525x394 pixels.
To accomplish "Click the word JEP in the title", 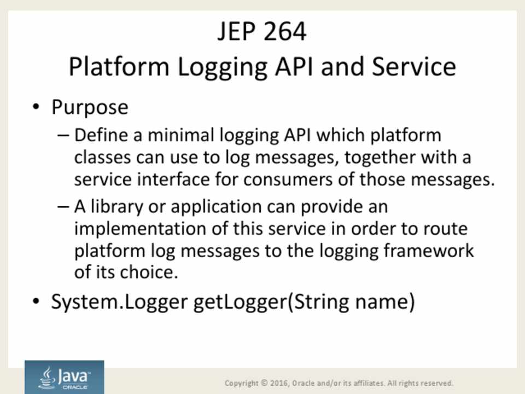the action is point(236,31).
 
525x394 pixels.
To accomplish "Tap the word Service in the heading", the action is point(414,66).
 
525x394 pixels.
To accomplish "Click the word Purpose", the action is point(90,108).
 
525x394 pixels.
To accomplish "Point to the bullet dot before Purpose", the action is point(36,107).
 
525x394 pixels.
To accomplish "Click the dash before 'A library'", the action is point(63,206).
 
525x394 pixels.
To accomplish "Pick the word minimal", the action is point(181,135).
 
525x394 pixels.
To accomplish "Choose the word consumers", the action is point(288,179).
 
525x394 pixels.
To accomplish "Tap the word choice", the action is point(149,272).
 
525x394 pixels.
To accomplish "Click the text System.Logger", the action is point(119,302).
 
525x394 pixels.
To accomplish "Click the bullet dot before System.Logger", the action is point(36,301).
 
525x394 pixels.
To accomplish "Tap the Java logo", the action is point(65,377).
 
